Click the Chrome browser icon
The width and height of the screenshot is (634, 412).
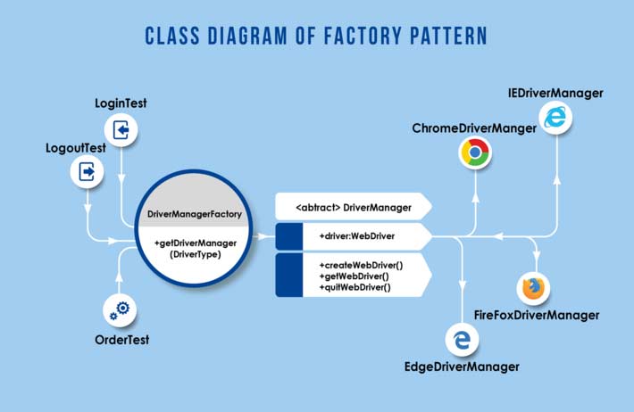475,154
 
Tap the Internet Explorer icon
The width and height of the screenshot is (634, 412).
555,117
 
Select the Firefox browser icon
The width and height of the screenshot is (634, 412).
533,288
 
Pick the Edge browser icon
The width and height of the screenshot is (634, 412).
462,340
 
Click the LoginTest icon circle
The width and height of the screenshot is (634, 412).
121,131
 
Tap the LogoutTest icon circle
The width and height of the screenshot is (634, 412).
88,171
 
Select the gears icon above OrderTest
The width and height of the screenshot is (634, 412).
121,309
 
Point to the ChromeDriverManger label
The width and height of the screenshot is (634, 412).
474,129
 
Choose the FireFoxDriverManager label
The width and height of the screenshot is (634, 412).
536,315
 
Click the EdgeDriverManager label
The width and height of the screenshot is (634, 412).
463,367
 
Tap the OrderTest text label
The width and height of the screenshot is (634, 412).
121,340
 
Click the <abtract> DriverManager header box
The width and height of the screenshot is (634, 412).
354,207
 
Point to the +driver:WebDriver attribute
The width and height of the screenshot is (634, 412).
356,236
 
